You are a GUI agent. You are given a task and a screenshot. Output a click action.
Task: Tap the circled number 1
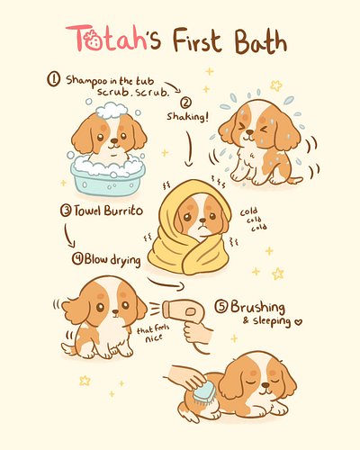pos(54,79)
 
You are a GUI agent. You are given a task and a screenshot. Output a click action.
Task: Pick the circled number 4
pos(78,259)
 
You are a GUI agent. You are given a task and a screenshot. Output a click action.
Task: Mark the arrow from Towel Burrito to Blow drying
pos(67,236)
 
